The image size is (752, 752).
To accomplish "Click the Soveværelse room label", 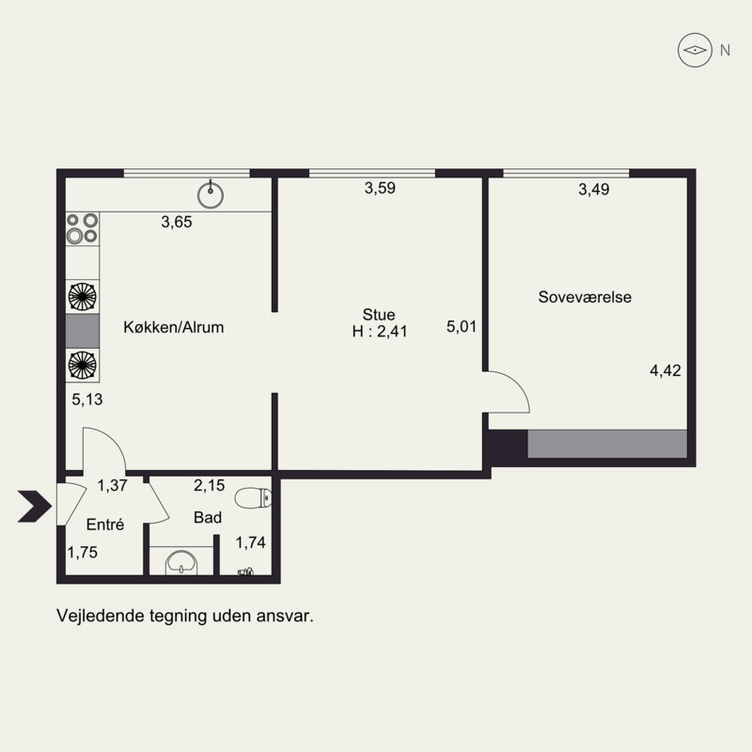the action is point(585,297).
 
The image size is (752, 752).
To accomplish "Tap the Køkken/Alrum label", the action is point(174,327).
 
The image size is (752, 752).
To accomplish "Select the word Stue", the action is point(379,315).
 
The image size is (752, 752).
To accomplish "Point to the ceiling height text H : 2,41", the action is point(380,332).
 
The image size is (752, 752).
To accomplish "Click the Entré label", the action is point(105,525).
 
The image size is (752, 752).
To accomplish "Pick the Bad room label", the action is point(208,518).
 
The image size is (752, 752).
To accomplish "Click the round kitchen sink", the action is point(211,195).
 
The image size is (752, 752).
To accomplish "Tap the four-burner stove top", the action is point(83,228).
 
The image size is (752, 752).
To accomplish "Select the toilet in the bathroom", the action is point(253,498).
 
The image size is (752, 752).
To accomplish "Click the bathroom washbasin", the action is point(181,562).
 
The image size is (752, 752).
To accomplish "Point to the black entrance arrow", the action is point(35,506).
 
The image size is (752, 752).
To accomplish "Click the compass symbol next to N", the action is point(695,50).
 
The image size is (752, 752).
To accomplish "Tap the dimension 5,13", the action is point(87,399).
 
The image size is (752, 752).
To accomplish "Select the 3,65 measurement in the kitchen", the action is point(177,222).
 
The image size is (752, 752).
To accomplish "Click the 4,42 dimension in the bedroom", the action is point(666,370).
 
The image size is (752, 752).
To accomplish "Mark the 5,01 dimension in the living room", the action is point(462,327).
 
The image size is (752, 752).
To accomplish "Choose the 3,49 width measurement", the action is point(594,190).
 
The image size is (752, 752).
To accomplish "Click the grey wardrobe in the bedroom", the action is point(607,444).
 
